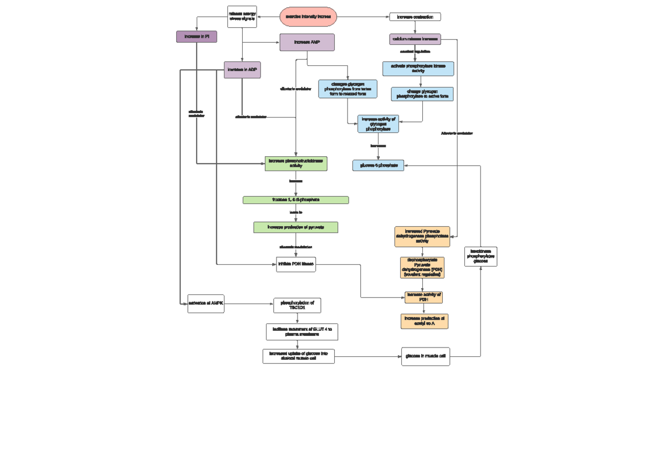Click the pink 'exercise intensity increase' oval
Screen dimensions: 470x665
[308, 17]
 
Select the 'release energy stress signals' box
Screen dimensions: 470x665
[242, 17]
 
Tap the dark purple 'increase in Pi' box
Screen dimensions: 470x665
[197, 37]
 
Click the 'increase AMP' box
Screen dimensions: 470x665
[307, 42]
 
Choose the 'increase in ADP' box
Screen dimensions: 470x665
[242, 70]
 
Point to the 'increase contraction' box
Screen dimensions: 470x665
[415, 17]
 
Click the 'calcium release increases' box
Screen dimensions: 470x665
[415, 39]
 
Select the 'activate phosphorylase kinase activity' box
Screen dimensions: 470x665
[418, 69]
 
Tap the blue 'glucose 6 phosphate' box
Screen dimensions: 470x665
[378, 165]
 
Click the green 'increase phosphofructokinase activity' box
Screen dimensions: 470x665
[296, 164]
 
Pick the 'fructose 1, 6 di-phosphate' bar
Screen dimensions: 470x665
[296, 200]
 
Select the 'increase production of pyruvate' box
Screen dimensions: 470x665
[296, 227]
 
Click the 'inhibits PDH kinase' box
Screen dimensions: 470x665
[296, 264]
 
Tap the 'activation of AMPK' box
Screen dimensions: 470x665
[206, 304]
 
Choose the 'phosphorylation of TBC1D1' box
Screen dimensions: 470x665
[297, 305]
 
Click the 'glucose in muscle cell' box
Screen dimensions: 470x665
[426, 356]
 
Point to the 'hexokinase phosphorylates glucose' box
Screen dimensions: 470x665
[480, 257]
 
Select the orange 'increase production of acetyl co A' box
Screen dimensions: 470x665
[424, 321]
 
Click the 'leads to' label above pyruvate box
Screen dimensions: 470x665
[296, 212]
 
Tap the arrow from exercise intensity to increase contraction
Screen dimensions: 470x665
[363, 17]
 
